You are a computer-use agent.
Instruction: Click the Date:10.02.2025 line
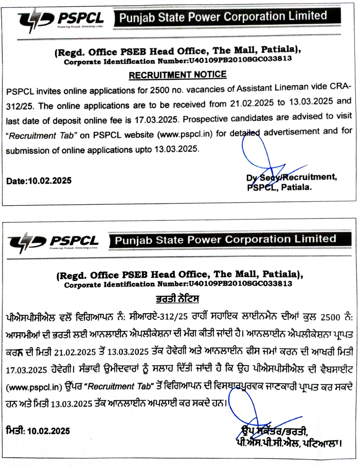click(39, 181)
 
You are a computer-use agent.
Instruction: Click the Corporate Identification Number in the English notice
click(177, 59)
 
